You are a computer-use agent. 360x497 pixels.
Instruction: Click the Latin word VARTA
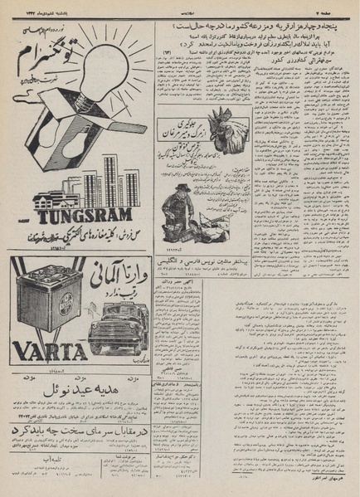(x=51, y=343)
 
